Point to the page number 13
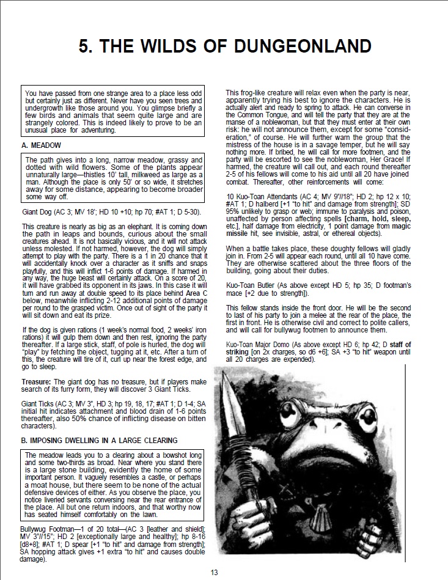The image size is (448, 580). point(214,572)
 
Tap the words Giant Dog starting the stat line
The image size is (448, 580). point(37,212)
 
